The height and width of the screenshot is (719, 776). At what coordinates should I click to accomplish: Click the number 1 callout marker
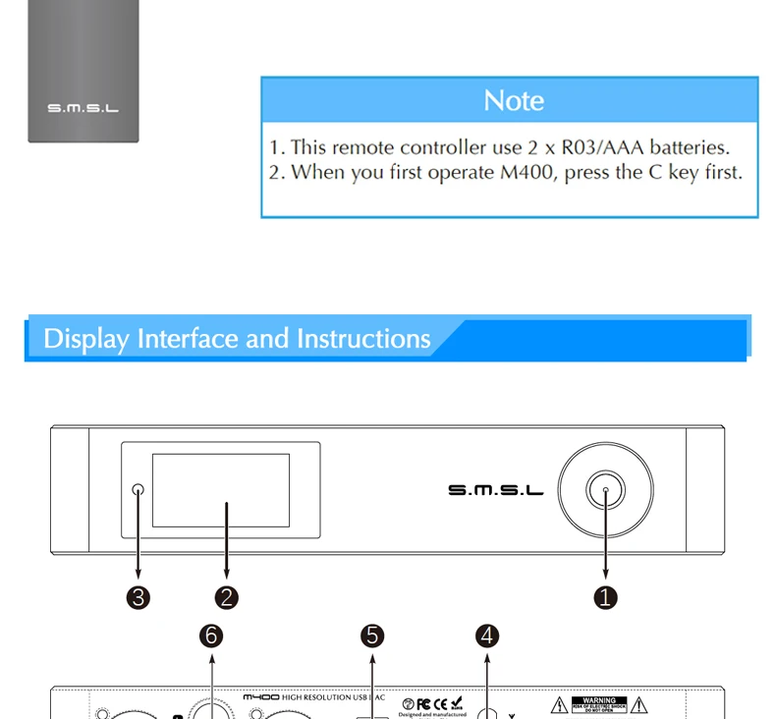[606, 597]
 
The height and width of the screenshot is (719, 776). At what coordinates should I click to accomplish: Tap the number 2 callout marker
[227, 597]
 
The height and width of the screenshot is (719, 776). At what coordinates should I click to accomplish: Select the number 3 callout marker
[139, 597]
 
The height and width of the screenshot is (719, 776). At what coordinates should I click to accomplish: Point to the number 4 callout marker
[488, 636]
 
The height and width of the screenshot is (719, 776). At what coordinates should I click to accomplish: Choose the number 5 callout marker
[372, 636]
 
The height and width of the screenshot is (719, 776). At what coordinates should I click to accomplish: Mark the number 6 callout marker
[211, 636]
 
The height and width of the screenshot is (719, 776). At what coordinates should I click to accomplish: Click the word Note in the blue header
[513, 101]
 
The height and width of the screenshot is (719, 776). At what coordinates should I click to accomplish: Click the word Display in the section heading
[86, 339]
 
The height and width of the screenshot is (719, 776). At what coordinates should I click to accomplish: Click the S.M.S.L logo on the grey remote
[83, 108]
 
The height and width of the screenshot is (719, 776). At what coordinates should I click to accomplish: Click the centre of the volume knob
[606, 489]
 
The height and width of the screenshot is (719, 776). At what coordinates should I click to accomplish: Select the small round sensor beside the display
[139, 489]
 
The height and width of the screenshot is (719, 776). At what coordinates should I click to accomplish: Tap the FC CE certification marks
[432, 702]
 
